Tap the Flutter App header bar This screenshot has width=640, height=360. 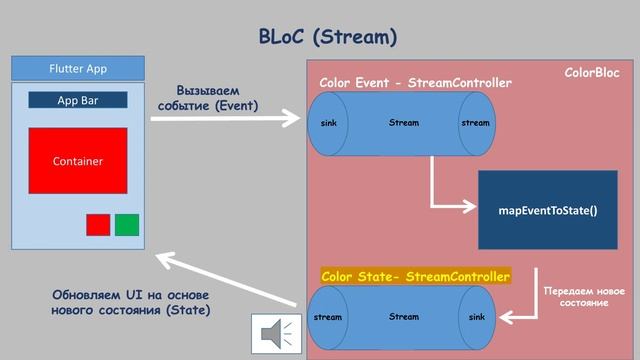(78, 69)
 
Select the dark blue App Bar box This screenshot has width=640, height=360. (78, 100)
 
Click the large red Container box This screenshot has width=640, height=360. (78, 160)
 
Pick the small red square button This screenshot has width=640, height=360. (98, 225)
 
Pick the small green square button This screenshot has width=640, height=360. (127, 225)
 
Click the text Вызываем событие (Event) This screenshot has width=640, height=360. (215, 98)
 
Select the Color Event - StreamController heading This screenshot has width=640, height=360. (415, 82)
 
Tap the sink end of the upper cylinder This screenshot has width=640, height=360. (328, 124)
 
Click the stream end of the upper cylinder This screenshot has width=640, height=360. (476, 124)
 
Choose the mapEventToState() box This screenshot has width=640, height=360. (547, 211)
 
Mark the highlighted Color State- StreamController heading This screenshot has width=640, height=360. (415, 275)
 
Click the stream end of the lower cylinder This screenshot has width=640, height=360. (328, 317)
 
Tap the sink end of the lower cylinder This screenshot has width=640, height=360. (476, 317)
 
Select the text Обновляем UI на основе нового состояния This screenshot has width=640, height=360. (130, 302)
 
